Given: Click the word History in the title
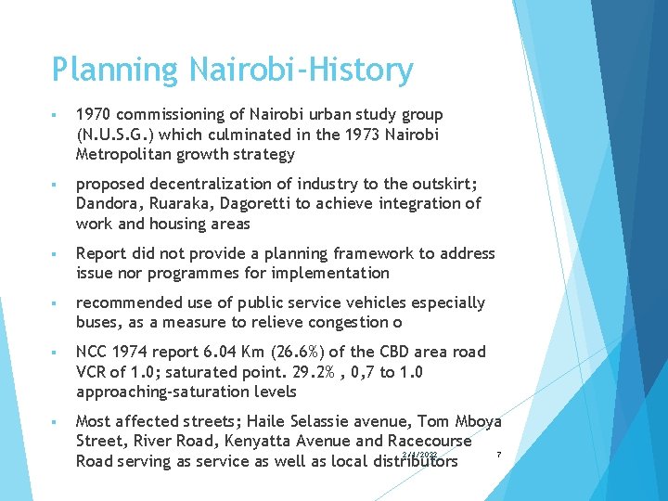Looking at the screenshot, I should coord(357,70).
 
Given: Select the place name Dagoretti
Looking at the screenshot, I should coord(251,203).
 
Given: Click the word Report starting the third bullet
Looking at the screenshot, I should coord(101,253).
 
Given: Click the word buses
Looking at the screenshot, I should coord(98,323).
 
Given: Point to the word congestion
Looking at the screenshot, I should coord(353,323).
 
